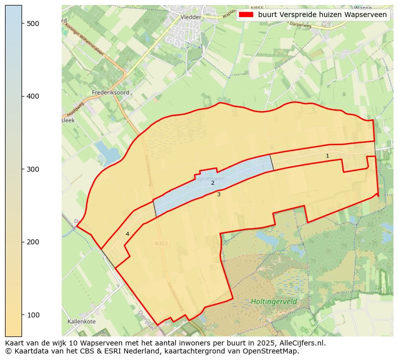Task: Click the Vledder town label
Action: tap(190, 17)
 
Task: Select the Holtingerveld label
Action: tap(274, 301)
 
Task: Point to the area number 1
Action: tap(327, 156)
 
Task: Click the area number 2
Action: tap(213, 183)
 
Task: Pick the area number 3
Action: tap(219, 194)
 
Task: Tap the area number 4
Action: tap(127, 234)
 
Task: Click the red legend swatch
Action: tap(246, 15)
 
